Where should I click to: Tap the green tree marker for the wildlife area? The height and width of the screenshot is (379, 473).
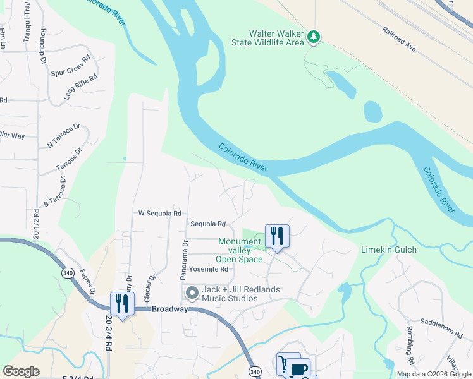tap(314, 38)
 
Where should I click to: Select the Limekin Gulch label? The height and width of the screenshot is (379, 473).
tap(388, 250)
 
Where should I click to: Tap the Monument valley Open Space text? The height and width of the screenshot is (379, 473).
tap(240, 250)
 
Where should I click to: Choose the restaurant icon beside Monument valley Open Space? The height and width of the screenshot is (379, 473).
tap(277, 236)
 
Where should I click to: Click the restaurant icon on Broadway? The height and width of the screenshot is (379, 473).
tap(121, 304)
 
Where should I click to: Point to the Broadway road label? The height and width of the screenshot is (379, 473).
tap(169, 310)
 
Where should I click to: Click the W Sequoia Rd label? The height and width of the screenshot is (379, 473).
tap(160, 214)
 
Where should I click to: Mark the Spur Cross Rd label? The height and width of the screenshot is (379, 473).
tap(70, 64)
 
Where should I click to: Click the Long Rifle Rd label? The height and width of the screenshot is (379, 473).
tap(81, 87)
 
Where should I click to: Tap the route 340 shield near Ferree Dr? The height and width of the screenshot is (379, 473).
tap(68, 272)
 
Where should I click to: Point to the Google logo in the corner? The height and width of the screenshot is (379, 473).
tap(21, 371)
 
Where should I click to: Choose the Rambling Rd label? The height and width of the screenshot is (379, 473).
tap(411, 354)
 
